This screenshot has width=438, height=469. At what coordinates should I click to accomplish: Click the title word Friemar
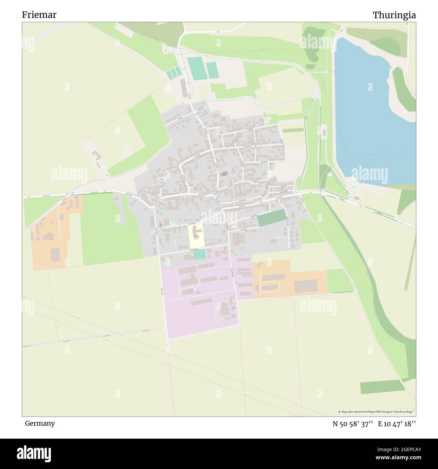[39, 15]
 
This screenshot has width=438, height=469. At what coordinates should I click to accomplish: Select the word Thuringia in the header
[394, 15]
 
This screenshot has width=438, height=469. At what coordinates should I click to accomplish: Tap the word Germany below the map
[40, 423]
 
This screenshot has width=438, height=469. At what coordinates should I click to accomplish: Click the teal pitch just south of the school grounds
[199, 254]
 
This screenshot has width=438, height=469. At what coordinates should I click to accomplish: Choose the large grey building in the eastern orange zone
[306, 286]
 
